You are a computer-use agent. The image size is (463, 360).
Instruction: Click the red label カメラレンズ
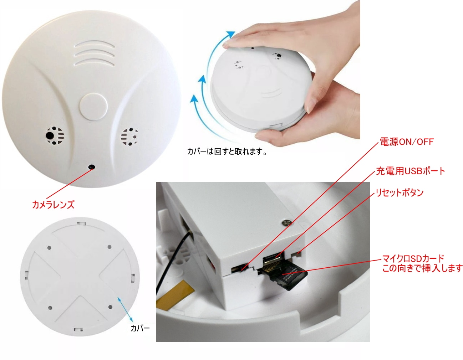click(x=53, y=205)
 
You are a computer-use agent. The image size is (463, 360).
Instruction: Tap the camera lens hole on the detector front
click(x=92, y=167)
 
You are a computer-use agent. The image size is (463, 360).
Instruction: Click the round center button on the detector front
click(x=93, y=106)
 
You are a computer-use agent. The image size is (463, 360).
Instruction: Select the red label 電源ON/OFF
click(x=406, y=142)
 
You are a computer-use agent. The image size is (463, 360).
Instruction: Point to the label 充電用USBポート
click(x=411, y=171)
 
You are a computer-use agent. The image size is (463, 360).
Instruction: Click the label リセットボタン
click(x=400, y=193)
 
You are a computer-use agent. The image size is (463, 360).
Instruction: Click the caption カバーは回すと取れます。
click(x=227, y=151)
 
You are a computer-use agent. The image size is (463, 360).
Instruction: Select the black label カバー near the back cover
click(x=140, y=328)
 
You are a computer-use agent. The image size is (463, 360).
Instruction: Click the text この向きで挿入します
click(x=422, y=268)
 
